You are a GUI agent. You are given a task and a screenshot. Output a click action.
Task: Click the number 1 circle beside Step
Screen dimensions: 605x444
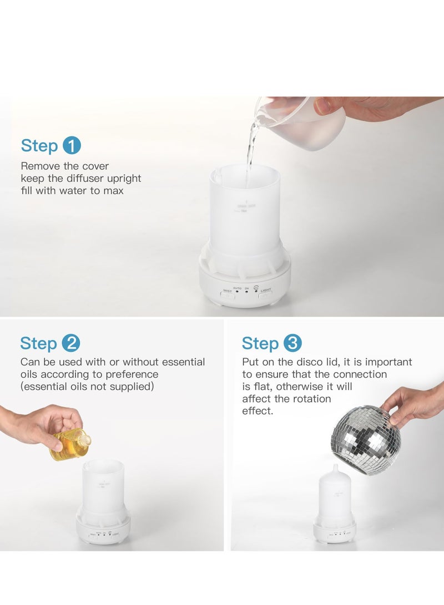(x=72, y=146)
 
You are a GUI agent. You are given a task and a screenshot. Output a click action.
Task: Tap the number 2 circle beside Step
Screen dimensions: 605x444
(x=70, y=343)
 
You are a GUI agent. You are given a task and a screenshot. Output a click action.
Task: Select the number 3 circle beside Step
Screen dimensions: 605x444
(x=292, y=343)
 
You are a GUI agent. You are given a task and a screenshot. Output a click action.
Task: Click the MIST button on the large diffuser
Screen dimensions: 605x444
(x=228, y=294)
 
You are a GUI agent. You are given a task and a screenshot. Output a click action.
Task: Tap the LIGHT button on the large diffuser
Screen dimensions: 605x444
(x=266, y=294)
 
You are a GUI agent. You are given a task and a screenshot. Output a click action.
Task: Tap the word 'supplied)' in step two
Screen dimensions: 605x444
(x=131, y=387)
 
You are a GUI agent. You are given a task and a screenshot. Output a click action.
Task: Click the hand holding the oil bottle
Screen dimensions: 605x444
(x=39, y=424)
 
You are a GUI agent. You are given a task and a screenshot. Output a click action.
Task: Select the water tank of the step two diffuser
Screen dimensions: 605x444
(x=103, y=485)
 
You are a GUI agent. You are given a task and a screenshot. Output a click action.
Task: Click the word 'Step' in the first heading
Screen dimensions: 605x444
(x=39, y=146)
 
